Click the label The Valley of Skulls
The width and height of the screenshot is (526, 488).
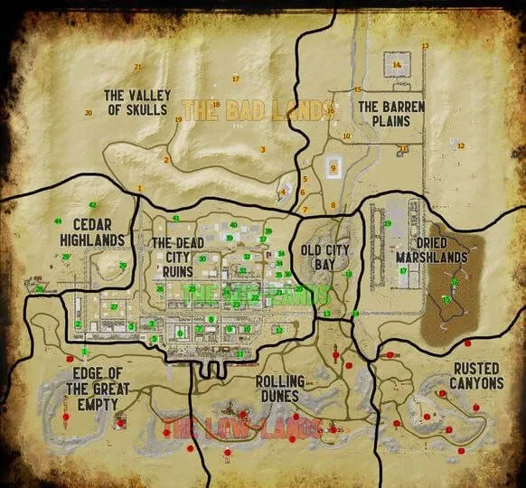point(136,102)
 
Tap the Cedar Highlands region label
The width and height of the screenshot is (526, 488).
point(92,232)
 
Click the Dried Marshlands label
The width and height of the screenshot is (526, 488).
point(442,249)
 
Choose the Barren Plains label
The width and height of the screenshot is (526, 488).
point(391,113)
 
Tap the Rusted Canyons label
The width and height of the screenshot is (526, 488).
point(478,375)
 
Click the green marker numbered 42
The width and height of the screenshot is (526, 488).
point(92,205)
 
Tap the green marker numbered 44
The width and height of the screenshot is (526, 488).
point(58,221)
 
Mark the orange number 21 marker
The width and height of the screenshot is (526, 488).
point(137,67)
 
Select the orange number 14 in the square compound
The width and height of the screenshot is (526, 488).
point(397,65)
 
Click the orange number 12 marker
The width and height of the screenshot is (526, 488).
point(460,145)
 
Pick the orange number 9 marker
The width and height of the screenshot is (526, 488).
point(333,168)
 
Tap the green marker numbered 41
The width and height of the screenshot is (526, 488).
point(176,219)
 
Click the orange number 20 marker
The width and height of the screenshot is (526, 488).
point(89,113)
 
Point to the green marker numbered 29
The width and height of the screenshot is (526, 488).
point(65,258)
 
